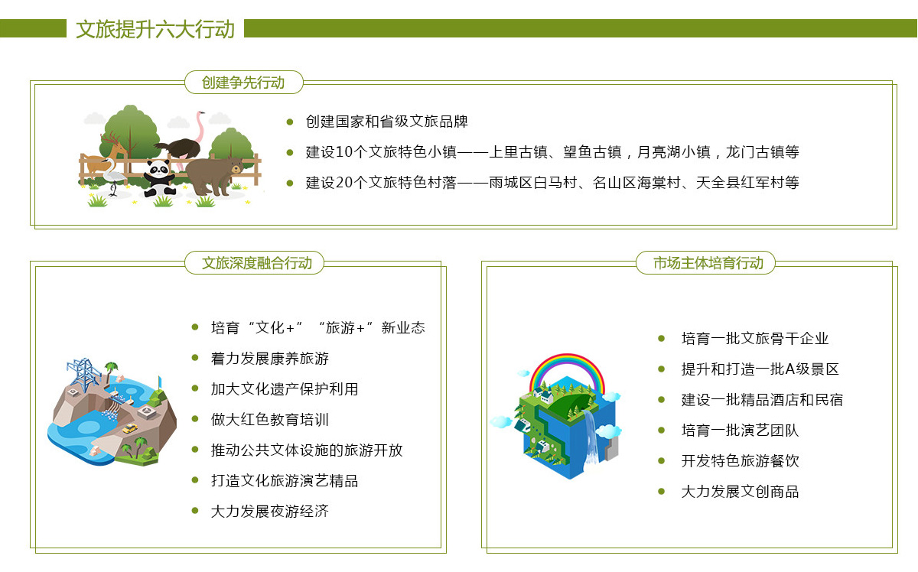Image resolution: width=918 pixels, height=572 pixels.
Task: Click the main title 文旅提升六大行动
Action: pyautogui.click(x=155, y=29)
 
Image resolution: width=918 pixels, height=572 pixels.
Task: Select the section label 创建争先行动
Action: pyautogui.click(x=243, y=83)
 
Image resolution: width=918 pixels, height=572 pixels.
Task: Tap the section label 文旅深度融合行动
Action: pyautogui.click(x=257, y=262)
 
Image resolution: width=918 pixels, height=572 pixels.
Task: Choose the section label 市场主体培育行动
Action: pyautogui.click(x=708, y=262)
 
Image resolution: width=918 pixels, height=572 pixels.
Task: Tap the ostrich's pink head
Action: pyautogui.click(x=200, y=112)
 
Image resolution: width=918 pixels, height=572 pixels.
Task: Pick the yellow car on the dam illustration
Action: pyautogui.click(x=130, y=428)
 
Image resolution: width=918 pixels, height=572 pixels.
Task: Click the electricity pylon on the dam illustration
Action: pyautogui.click(x=84, y=374)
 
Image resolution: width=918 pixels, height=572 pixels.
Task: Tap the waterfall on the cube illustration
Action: pyautogui.click(x=591, y=436)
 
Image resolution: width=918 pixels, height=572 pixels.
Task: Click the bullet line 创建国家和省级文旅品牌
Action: pyautogui.click(x=386, y=122)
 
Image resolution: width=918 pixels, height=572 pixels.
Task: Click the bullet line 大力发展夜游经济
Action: pyautogui.click(x=269, y=511)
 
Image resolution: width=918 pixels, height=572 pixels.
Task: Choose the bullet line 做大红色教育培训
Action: pyautogui.click(x=269, y=419)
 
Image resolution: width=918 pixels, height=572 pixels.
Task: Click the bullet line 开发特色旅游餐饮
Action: pyautogui.click(x=741, y=461)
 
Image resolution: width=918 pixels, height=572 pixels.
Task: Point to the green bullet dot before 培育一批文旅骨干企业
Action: pyautogui.click(x=661, y=339)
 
